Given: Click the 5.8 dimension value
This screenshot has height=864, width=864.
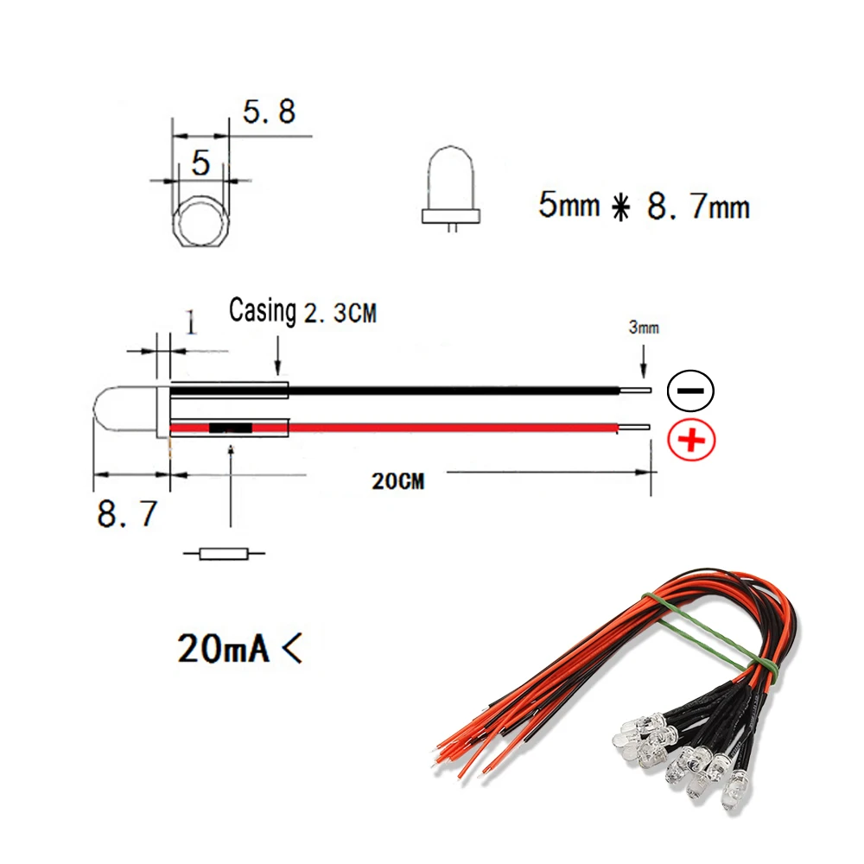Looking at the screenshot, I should click(268, 111).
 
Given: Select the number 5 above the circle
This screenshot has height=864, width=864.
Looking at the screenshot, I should click(200, 162).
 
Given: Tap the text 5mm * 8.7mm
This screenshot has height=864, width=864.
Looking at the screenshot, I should click(644, 206).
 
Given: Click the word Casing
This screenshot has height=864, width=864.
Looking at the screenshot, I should click(262, 310).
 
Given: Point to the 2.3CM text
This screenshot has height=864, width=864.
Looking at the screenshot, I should click(340, 312).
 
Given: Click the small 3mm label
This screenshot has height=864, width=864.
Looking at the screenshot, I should click(644, 328).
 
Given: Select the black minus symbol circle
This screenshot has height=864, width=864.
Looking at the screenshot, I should click(691, 391).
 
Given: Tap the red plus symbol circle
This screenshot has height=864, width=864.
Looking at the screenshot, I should click(691, 442).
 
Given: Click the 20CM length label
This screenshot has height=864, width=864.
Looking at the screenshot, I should click(398, 481).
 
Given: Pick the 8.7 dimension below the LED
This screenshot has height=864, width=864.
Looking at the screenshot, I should click(127, 515).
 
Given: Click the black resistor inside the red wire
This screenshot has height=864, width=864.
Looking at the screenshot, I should click(230, 428).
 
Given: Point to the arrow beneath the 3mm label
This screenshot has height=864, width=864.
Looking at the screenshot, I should click(644, 359).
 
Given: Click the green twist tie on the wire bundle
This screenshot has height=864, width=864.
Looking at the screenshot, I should click(700, 632).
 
